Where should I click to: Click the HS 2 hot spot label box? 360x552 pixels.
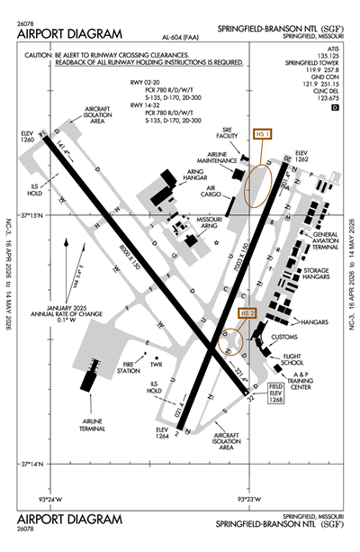[249, 312]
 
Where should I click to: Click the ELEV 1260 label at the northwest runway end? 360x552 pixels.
[31, 137]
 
